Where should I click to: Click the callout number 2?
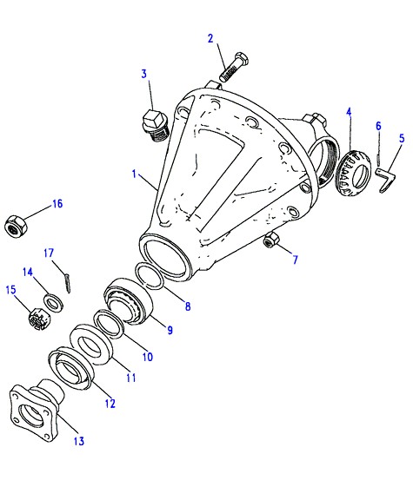coord(210,38)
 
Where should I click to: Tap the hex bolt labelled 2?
coord(234,67)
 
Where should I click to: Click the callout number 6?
coord(378,126)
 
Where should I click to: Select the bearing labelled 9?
coord(129,301)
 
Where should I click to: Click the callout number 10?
coord(147,357)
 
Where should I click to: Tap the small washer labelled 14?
coord(53,303)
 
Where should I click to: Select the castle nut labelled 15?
coord(39,319)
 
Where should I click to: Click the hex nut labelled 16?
coord(17,227)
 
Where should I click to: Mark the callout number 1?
coord(134,174)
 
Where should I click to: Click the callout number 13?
coord(78,441)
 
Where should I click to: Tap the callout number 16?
coord(57,204)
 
